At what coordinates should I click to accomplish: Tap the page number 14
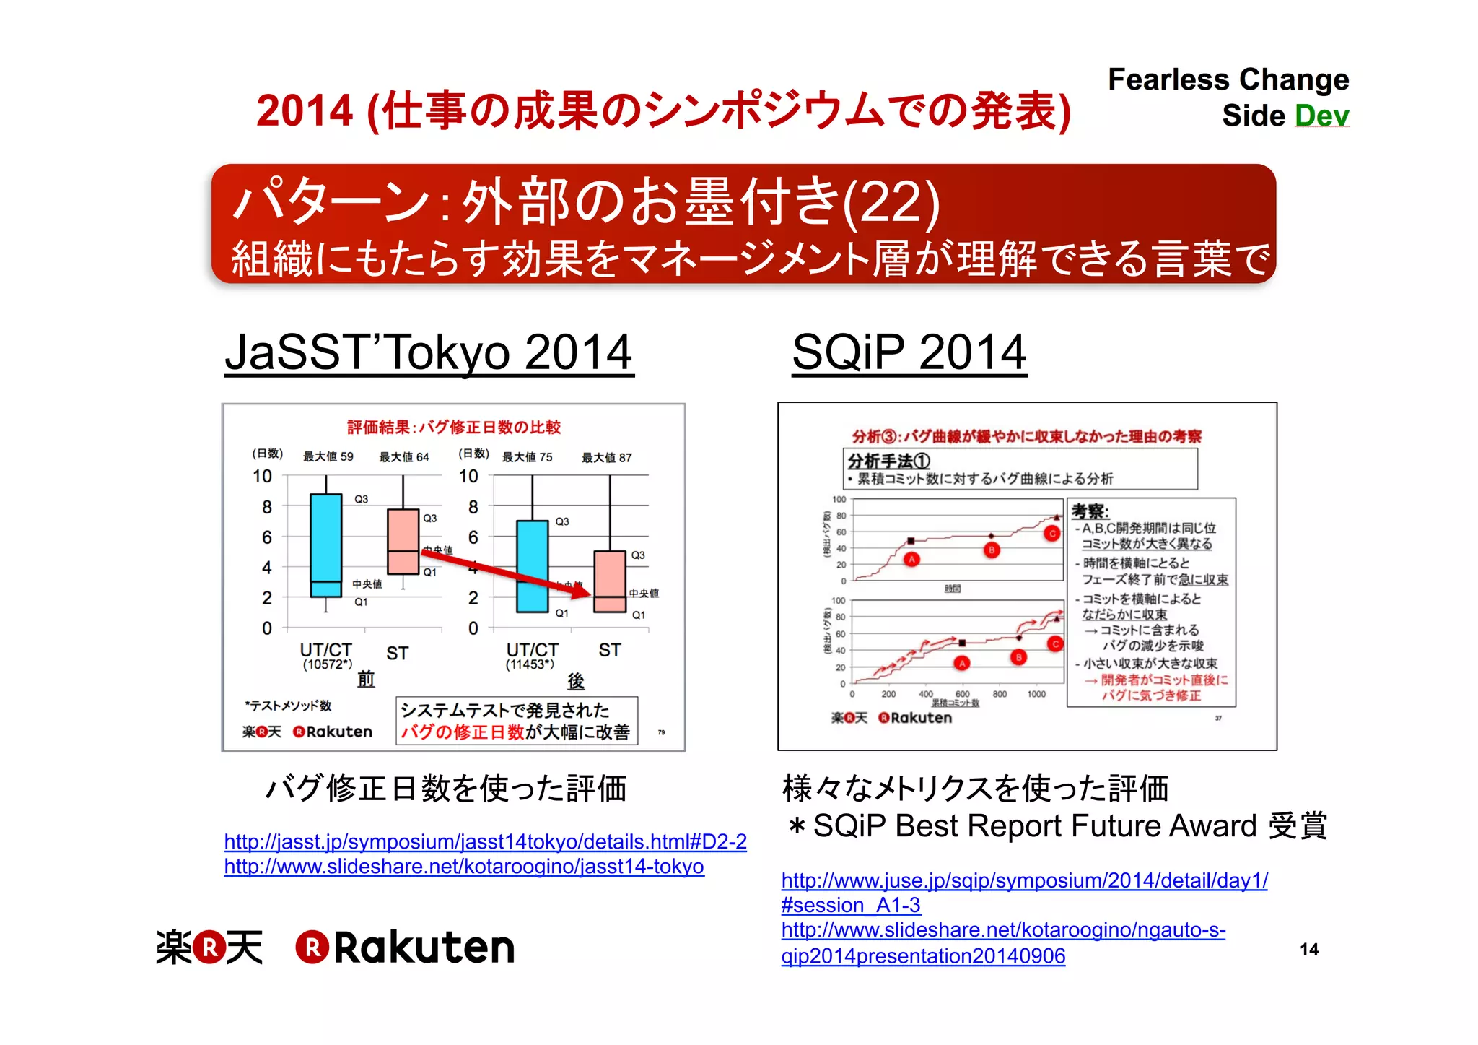[x=1308, y=949]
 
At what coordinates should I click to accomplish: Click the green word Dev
[x=1321, y=116]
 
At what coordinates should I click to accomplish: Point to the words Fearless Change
[x=1228, y=79]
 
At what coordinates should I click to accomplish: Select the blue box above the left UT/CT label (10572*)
[x=325, y=545]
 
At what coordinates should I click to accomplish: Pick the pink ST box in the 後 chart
[x=609, y=581]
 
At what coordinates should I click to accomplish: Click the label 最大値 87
[x=606, y=457]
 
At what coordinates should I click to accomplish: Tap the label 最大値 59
[x=328, y=456]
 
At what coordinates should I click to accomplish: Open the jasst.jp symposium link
[x=485, y=841]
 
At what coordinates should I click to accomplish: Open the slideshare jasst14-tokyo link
[x=463, y=866]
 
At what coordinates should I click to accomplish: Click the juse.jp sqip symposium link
[x=1024, y=880]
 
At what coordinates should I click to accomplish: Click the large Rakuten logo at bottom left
[x=406, y=948]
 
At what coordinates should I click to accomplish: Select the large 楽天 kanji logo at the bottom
[x=209, y=948]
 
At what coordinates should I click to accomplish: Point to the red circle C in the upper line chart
[x=1051, y=534]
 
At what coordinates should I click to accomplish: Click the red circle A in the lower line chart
[x=961, y=663]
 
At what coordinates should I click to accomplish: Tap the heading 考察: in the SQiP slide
[x=1090, y=511]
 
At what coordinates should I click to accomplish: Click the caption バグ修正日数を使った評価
[x=446, y=788]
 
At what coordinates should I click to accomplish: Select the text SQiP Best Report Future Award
[x=1035, y=825]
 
